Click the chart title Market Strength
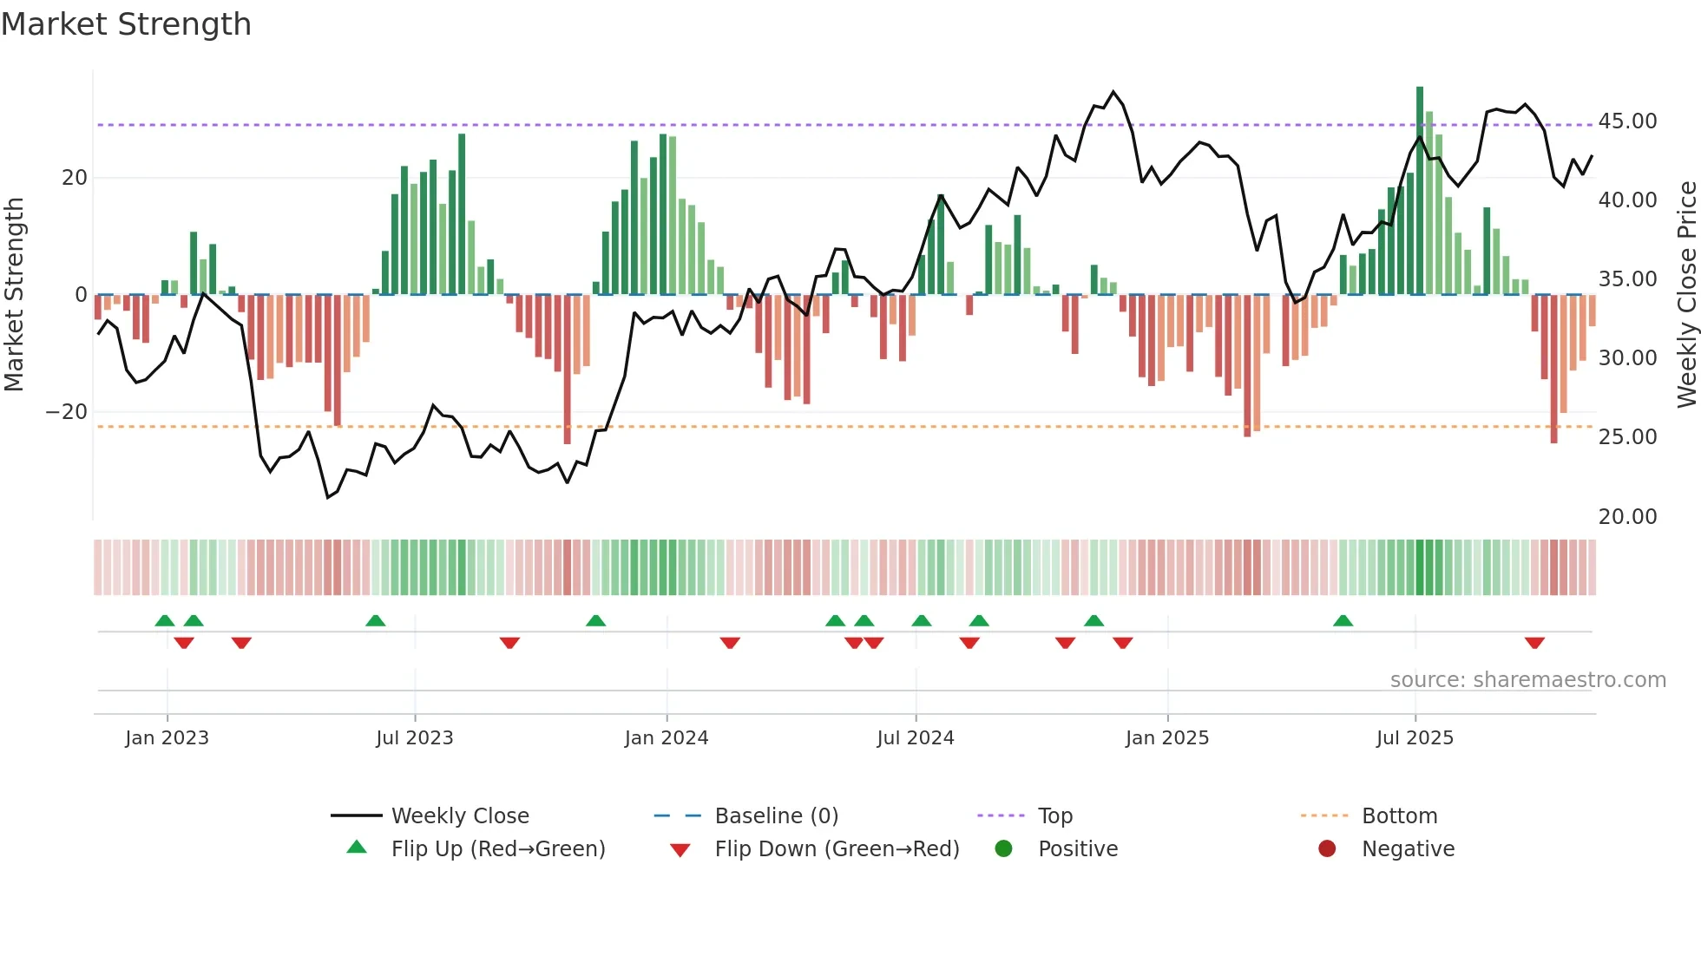click(x=126, y=24)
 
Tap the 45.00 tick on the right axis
click(x=1627, y=121)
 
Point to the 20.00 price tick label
click(x=1627, y=517)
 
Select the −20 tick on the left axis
click(x=67, y=412)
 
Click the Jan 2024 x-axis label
click(x=666, y=738)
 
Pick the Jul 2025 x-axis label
click(x=1414, y=738)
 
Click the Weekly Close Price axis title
click(x=1686, y=295)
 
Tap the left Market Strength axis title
click(x=15, y=295)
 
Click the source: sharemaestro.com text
click(x=1527, y=680)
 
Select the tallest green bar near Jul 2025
click(x=1420, y=191)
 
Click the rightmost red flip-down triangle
click(x=1534, y=643)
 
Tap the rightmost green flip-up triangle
click(x=1343, y=620)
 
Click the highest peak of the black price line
click(x=1113, y=92)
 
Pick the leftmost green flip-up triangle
click(x=165, y=620)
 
